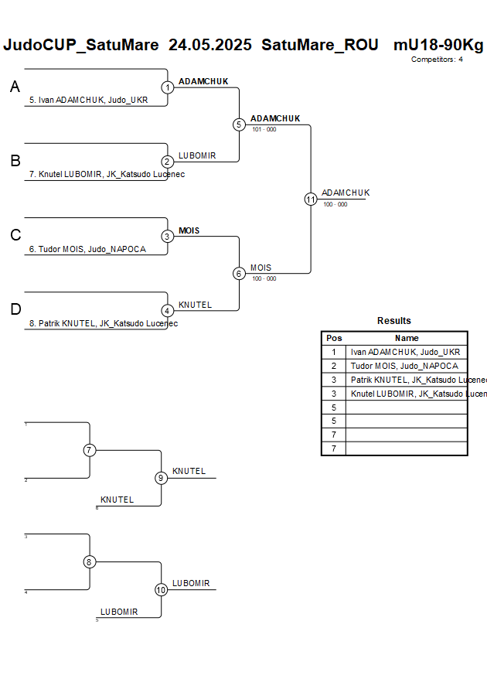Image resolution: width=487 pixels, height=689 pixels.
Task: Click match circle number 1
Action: point(168,87)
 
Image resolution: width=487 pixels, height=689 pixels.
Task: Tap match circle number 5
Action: point(239,124)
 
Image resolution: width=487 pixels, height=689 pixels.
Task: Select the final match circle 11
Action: point(311,199)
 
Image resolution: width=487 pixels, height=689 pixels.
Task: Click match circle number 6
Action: point(239,273)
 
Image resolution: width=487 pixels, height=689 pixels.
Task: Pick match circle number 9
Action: point(161,478)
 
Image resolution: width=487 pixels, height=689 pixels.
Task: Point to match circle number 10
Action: point(161,589)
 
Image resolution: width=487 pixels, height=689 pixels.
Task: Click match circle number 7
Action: point(90,450)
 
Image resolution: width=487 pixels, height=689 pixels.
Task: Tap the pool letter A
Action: point(15,88)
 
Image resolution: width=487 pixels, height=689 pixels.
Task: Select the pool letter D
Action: point(15,310)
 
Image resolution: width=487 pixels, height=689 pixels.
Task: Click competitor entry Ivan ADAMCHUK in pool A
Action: point(88,101)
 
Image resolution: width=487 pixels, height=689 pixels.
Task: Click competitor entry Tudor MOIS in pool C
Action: point(87,250)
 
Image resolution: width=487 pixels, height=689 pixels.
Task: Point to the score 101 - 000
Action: point(264,130)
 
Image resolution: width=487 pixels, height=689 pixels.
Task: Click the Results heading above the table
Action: point(394,321)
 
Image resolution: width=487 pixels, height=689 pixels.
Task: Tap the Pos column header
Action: point(334,338)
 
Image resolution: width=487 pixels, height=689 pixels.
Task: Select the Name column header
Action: point(407,338)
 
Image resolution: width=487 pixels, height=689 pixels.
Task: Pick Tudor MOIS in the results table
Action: point(404,366)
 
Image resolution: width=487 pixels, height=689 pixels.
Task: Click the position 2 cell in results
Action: point(334,366)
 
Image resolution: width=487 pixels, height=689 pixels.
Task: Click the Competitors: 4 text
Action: point(437,60)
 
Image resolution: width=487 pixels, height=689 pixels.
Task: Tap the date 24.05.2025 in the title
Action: point(209,45)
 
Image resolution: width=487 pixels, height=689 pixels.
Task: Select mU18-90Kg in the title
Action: point(438,45)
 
